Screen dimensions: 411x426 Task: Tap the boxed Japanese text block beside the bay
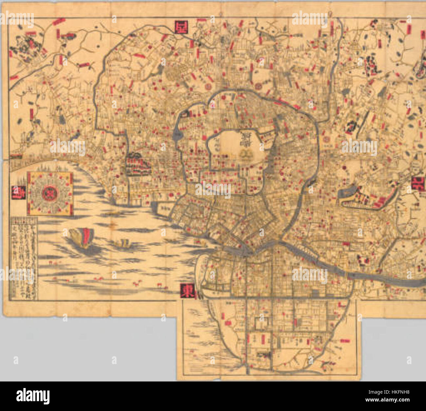pos(24,257)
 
